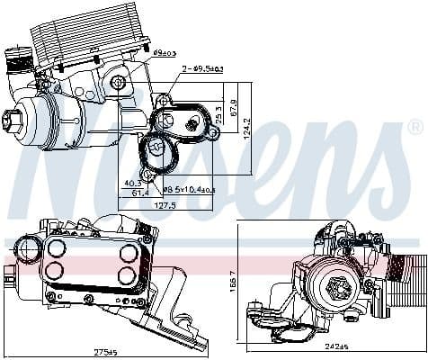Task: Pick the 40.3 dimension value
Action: coord(131,182)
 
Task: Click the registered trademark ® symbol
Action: coord(415,125)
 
